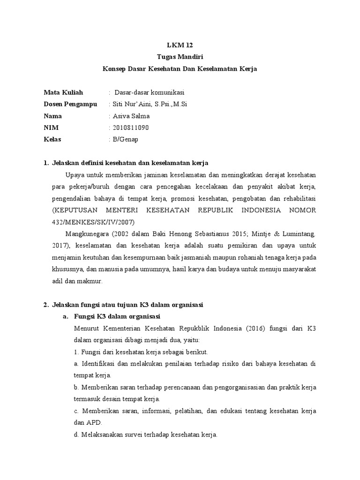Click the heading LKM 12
(180, 45)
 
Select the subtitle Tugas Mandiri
(180, 57)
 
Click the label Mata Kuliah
(63, 92)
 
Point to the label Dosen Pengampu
(70, 104)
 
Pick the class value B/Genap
(125, 139)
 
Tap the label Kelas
(52, 139)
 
